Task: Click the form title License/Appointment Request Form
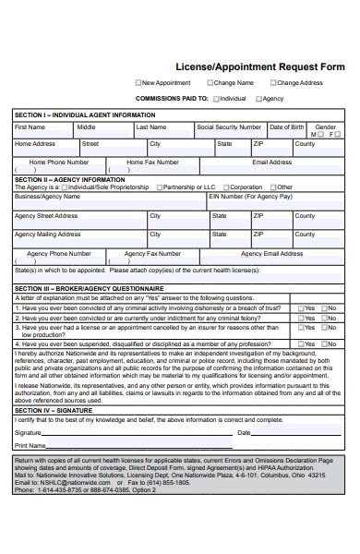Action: pyautogui.click(x=259, y=66)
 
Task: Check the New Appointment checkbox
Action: pyautogui.click(x=138, y=83)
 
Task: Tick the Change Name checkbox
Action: pyautogui.click(x=210, y=83)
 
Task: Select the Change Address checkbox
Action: pyautogui.click(x=273, y=83)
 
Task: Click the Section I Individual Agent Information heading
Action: pyautogui.click(x=85, y=114)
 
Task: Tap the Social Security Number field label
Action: pyautogui.click(x=229, y=126)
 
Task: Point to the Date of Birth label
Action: pyautogui.click(x=286, y=126)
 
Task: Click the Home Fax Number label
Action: pyautogui.click(x=152, y=162)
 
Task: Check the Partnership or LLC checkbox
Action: pyautogui.click(x=160, y=187)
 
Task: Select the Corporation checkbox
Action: pyautogui.click(x=225, y=187)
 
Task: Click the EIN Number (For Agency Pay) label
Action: pyautogui.click(x=250, y=197)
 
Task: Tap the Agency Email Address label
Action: pyautogui.click(x=271, y=253)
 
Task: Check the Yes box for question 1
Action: pyautogui.click(x=300, y=308)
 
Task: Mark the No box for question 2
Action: pyautogui.click(x=324, y=318)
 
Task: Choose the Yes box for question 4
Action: pyautogui.click(x=300, y=343)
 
